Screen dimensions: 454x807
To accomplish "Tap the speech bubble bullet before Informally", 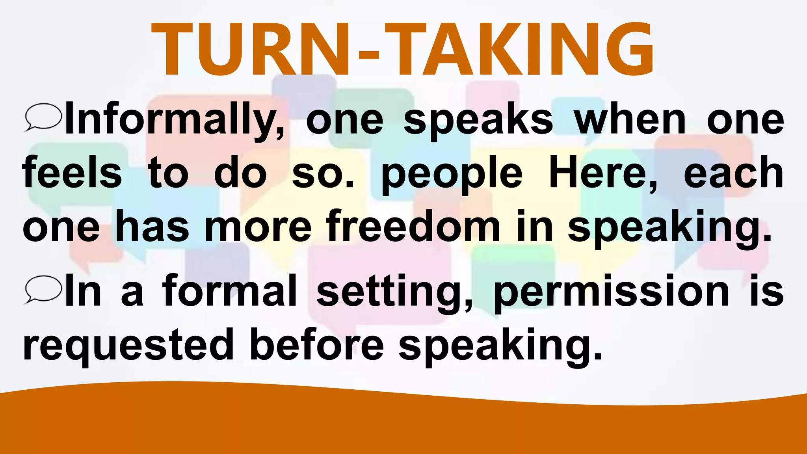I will (43, 117).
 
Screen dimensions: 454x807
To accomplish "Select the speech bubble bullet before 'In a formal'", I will (43, 290).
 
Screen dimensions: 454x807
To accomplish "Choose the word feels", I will (72, 173).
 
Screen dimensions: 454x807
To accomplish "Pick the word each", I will (733, 173).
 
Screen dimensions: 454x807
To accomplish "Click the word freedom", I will (413, 227).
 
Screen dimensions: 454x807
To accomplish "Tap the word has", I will (152, 227).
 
